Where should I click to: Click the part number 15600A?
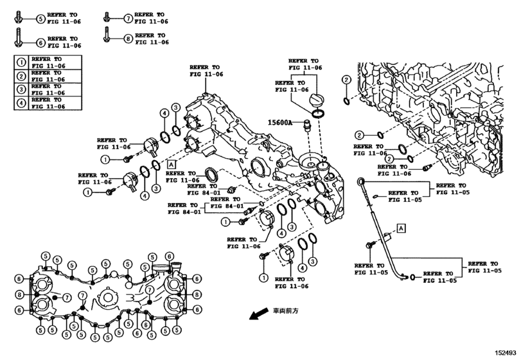[x=279, y=123]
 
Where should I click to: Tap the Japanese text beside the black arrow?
[x=286, y=310]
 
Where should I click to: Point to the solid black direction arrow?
[x=259, y=314]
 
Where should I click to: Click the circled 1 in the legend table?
[x=21, y=62]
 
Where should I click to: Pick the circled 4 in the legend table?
[x=21, y=103]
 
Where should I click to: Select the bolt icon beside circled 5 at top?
[x=18, y=17]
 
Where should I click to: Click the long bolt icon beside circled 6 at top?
[x=18, y=37]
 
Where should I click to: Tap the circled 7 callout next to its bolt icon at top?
[x=128, y=18]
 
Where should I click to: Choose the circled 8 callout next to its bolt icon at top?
[x=128, y=39]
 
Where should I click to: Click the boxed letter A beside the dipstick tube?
[x=402, y=228]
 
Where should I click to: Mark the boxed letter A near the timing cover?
[x=171, y=164]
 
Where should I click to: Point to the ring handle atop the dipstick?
[x=361, y=181]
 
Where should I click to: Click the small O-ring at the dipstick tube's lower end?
[x=412, y=276]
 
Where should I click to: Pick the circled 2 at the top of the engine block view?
[x=346, y=80]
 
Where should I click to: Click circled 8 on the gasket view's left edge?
[x=19, y=294]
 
